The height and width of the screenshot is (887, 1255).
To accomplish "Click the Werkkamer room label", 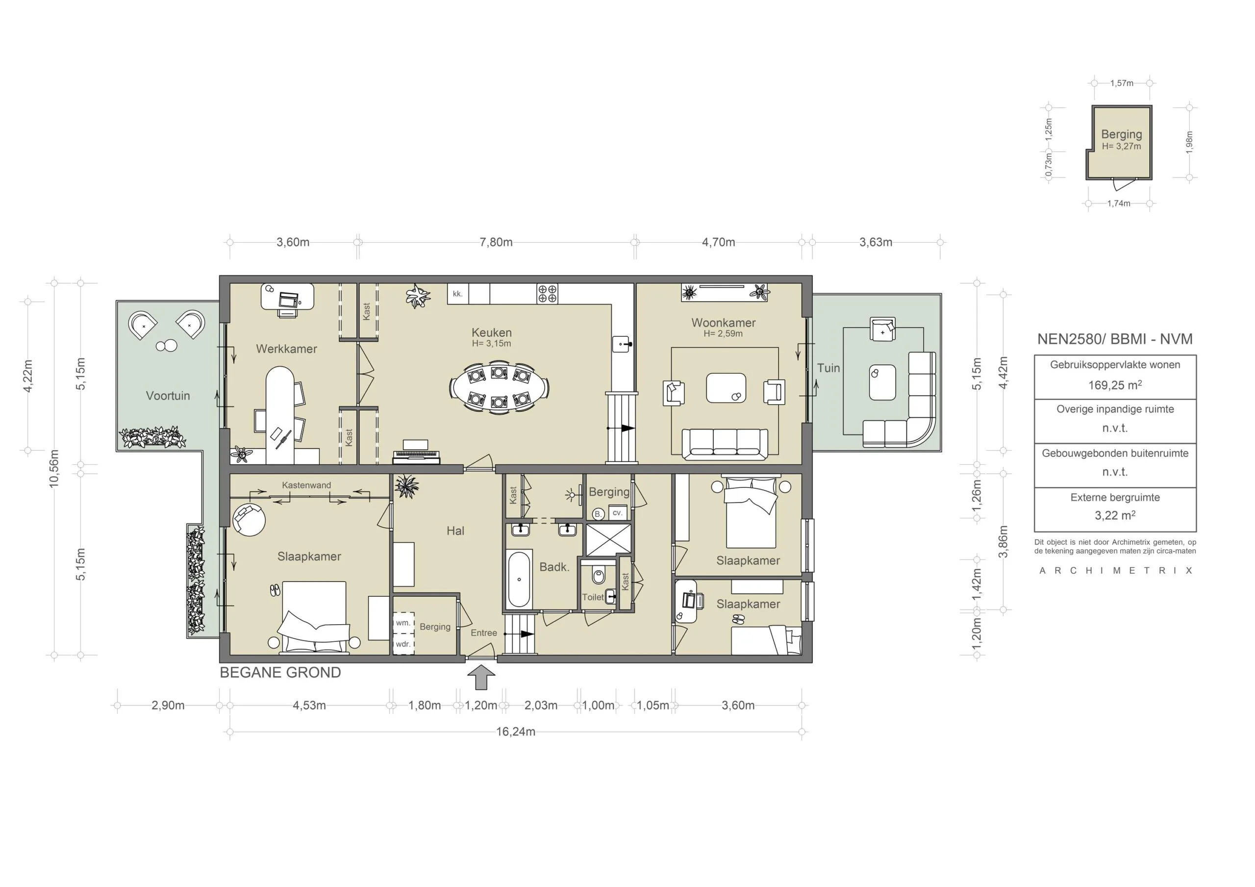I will [286, 349].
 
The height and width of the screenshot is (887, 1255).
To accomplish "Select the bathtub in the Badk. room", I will [519, 579].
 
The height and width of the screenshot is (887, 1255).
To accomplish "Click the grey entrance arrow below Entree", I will [481, 677].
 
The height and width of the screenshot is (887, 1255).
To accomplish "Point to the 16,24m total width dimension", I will [515, 732].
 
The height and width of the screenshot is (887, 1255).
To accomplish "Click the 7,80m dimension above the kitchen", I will [496, 242].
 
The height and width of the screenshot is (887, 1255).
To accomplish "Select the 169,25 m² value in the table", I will [1114, 385].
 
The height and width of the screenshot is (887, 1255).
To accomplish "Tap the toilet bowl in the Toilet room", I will [599, 576].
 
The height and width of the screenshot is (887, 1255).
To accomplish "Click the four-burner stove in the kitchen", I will [547, 294].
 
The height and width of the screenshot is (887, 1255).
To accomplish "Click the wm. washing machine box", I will [403, 623].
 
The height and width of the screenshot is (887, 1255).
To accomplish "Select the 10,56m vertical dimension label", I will [54, 468].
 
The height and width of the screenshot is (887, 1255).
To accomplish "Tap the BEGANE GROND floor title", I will [280, 672].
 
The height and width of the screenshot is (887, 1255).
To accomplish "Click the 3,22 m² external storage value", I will [1114, 516].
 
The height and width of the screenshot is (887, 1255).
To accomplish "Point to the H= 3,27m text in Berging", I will [1121, 147].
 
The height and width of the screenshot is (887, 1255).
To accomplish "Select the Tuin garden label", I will [828, 368].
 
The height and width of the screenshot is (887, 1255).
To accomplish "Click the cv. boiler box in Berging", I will [618, 513].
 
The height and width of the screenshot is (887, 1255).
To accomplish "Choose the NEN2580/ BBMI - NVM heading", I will [1114, 339].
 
